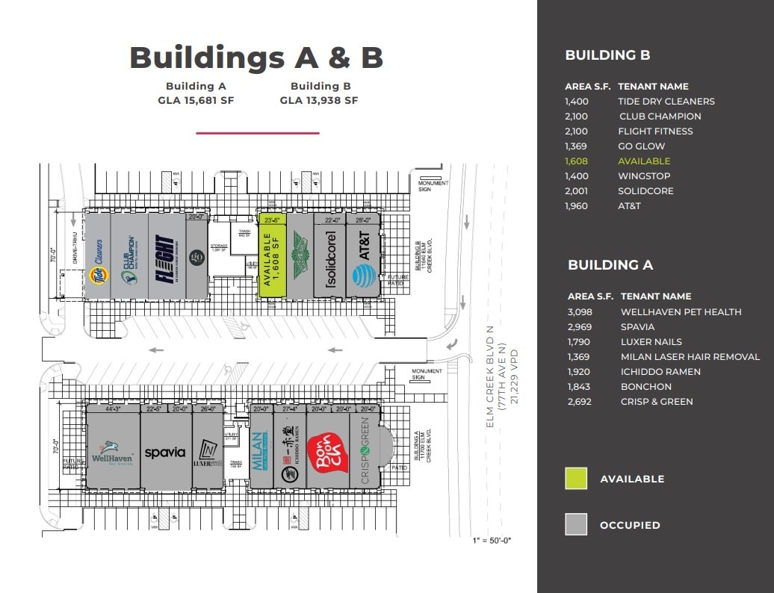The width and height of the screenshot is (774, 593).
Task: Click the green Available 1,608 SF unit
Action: [272, 258]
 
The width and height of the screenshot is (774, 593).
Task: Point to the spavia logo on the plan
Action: [165, 453]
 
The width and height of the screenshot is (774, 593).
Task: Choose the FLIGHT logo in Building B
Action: [165, 258]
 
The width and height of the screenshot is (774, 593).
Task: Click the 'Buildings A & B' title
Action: [256, 58]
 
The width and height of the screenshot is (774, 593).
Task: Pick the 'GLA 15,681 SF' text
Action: [196, 101]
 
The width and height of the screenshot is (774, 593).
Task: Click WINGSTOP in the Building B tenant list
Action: [644, 176]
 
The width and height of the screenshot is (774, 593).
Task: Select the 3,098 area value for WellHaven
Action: [580, 312]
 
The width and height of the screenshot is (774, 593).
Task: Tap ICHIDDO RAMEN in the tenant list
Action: [660, 372]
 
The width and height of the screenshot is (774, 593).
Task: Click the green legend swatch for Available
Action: [576, 479]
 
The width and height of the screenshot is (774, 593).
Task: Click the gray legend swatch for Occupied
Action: [576, 524]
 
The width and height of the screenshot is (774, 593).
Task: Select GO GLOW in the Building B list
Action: [641, 146]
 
